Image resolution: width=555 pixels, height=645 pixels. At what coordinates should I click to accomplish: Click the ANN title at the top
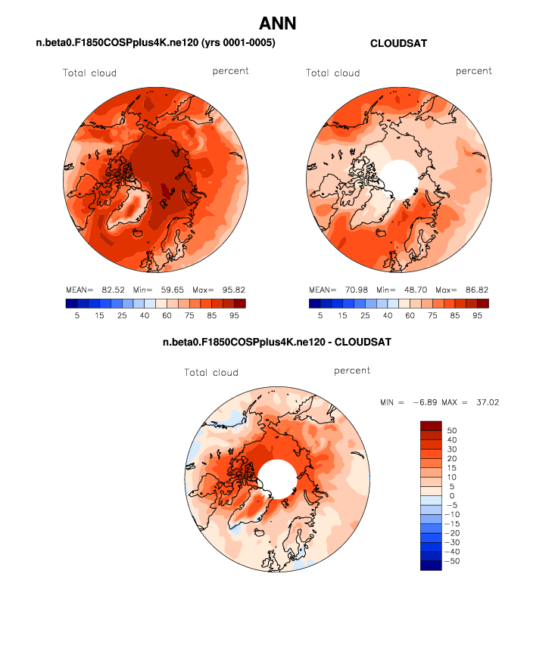(277, 23)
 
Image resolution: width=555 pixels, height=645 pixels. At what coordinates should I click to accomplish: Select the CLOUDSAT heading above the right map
(398, 44)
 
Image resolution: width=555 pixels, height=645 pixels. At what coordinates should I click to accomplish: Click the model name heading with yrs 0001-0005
(155, 44)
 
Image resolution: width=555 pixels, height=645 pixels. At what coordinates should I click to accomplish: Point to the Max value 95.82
(231, 290)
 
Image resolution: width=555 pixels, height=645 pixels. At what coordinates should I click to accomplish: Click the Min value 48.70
(414, 290)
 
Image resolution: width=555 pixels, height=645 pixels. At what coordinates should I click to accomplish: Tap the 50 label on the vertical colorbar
(452, 429)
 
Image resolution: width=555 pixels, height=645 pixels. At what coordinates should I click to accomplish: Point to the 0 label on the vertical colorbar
(452, 496)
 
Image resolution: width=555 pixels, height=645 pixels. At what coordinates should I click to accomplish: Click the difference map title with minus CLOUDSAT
(277, 343)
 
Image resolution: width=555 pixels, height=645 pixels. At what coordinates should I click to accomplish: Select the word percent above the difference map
(352, 371)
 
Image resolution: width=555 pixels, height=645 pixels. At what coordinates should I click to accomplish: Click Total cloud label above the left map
(90, 73)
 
